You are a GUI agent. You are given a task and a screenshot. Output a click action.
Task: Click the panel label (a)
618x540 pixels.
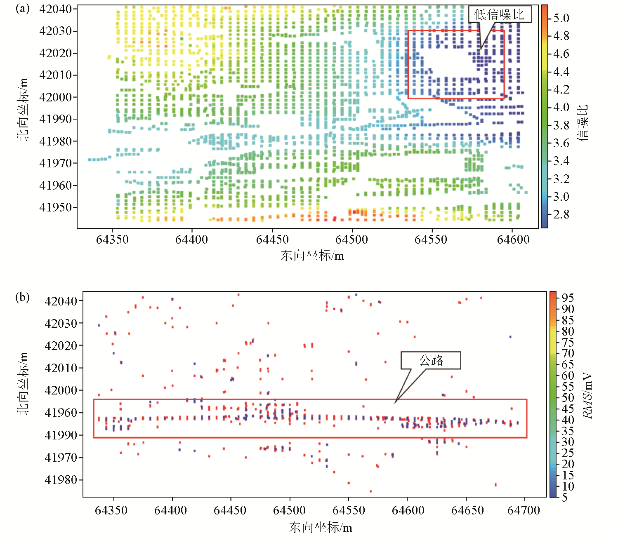tap(22, 9)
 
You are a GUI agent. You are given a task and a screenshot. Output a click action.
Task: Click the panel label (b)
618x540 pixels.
tap(22, 297)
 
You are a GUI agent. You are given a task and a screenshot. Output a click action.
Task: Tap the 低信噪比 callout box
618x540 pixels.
tap(500, 15)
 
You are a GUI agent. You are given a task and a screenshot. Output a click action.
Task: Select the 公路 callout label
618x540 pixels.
tap(431, 361)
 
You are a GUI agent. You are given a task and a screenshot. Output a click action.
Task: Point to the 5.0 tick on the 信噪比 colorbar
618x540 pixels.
tap(561, 18)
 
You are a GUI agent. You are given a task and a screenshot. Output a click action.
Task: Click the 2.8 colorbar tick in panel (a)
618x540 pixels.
tap(561, 214)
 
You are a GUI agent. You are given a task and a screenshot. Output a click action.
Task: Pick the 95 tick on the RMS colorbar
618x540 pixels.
tap(567, 298)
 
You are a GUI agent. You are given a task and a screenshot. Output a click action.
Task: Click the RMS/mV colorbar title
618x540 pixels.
tap(588, 396)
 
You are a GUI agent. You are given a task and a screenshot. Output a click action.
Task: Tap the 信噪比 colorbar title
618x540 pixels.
tap(583, 123)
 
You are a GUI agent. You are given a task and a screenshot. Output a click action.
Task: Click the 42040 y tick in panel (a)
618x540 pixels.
tap(55, 9)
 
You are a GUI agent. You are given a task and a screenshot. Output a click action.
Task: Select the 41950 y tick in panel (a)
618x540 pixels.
tap(55, 207)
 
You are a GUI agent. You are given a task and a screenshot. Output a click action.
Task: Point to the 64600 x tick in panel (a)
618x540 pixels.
tap(513, 239)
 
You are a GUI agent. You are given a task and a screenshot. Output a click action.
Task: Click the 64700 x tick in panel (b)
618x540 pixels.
tap(524, 510)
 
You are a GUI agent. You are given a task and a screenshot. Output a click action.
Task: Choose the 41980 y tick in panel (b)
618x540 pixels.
tap(61, 480)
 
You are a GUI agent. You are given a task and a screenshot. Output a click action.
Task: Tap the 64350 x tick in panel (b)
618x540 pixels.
tap(111, 510)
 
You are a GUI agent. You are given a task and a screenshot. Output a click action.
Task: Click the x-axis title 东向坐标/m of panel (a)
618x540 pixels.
tap(312, 256)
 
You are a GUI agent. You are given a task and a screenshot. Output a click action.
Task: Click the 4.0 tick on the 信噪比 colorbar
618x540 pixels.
tap(561, 108)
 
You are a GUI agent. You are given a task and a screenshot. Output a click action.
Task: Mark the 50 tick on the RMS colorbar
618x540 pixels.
tap(567, 398)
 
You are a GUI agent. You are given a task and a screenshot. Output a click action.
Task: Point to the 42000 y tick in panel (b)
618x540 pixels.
tap(61, 390)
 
